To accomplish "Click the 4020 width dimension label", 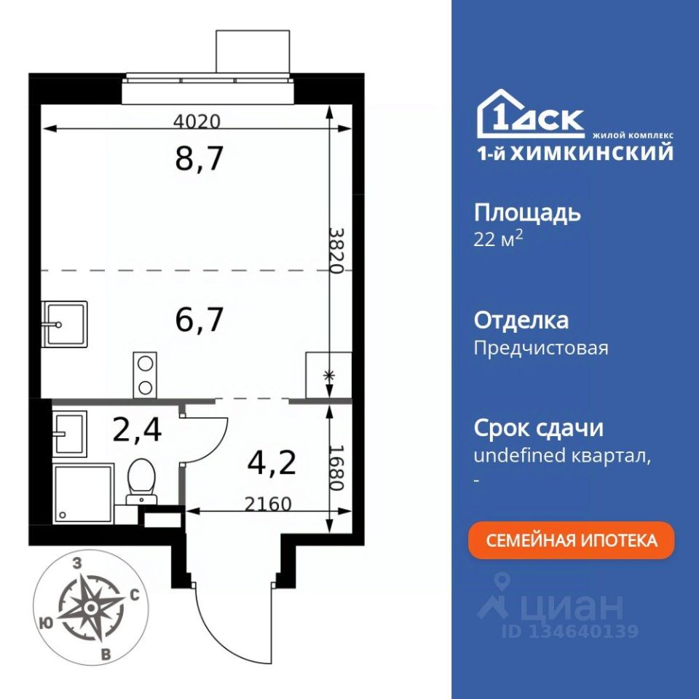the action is coord(197,122).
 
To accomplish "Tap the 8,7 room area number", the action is coord(199,158).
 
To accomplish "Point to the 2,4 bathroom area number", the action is coord(137,430).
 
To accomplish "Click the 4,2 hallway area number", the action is coord(272,462).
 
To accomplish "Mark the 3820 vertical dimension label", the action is coord(336,251).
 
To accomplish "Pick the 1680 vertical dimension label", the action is coord(336,467).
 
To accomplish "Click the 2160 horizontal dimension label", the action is coord(268,504).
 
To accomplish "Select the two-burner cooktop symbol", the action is coord(145,375).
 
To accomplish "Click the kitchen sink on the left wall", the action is coord(64,324).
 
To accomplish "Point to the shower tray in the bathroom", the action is coord(83,494).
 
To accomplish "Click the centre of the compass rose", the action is coord(91,607).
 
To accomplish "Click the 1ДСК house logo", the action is coord(531,114).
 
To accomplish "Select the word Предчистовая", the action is coord(541,348).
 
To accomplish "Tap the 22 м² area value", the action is coord(498,240).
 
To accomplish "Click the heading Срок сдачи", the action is coord(539,428).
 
